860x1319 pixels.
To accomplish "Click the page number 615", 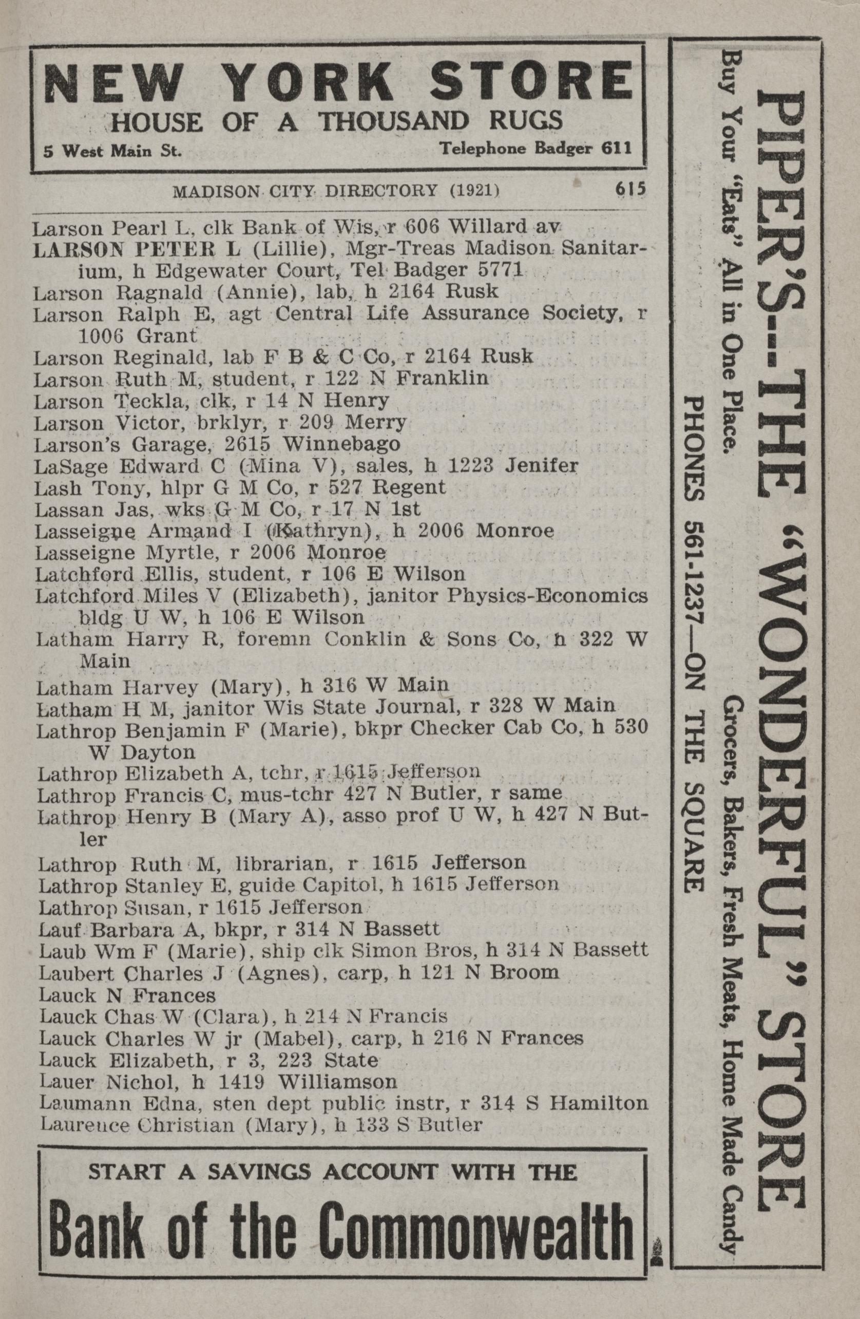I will click(x=630, y=189).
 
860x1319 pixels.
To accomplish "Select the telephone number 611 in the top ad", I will click(x=620, y=148).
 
